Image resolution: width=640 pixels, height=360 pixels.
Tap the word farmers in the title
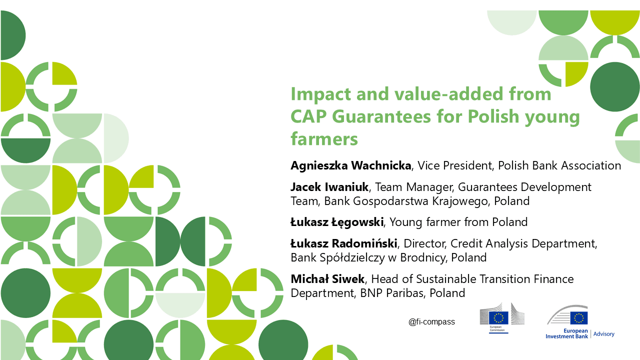pos(324,139)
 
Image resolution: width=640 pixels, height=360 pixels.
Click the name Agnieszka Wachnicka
pos(351,165)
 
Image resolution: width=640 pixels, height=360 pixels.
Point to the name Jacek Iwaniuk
pos(329,187)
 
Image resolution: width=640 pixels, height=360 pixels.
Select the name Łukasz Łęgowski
pos(337,222)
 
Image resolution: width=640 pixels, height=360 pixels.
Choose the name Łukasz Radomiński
pos(343,243)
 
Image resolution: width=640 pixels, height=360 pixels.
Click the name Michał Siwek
pos(327,279)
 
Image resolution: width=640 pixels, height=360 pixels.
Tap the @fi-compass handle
pos(431,322)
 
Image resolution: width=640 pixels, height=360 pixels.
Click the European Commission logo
pos(502,318)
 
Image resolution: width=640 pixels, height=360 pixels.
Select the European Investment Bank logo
pos(567,321)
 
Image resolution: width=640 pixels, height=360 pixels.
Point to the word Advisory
pos(603,334)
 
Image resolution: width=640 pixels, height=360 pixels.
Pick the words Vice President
pos(454,165)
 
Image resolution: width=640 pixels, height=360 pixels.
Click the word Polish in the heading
pos(493,116)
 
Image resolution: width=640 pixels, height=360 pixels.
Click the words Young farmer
pos(425,222)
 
